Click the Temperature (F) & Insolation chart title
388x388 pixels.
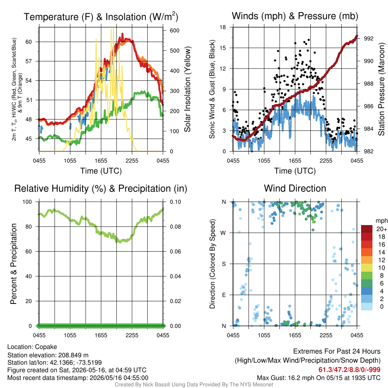click(101, 17)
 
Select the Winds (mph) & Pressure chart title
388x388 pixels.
click(295, 16)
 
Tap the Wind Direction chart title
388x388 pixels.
click(295, 188)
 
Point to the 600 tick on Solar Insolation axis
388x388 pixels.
click(174, 30)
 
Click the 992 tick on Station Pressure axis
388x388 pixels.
click(368, 38)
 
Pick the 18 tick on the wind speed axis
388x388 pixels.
click(223, 27)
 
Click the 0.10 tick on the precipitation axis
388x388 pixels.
click(175, 202)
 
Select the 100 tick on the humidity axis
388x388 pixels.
click(27, 202)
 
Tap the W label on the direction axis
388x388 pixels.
click(223, 233)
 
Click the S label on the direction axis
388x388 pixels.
click(224, 264)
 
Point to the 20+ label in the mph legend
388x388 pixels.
click(382, 229)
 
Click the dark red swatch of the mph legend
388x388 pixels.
click(367, 229)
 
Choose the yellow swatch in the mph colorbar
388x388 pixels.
click(367, 268)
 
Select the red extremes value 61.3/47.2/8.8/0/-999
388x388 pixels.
click(349, 370)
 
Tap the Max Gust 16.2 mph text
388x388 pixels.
click(286, 378)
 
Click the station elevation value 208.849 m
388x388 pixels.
click(73, 355)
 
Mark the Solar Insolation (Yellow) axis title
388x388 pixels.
click(188, 89)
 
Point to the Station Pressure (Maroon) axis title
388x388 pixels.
click(382, 89)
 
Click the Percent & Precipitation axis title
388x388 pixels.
click(14, 264)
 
